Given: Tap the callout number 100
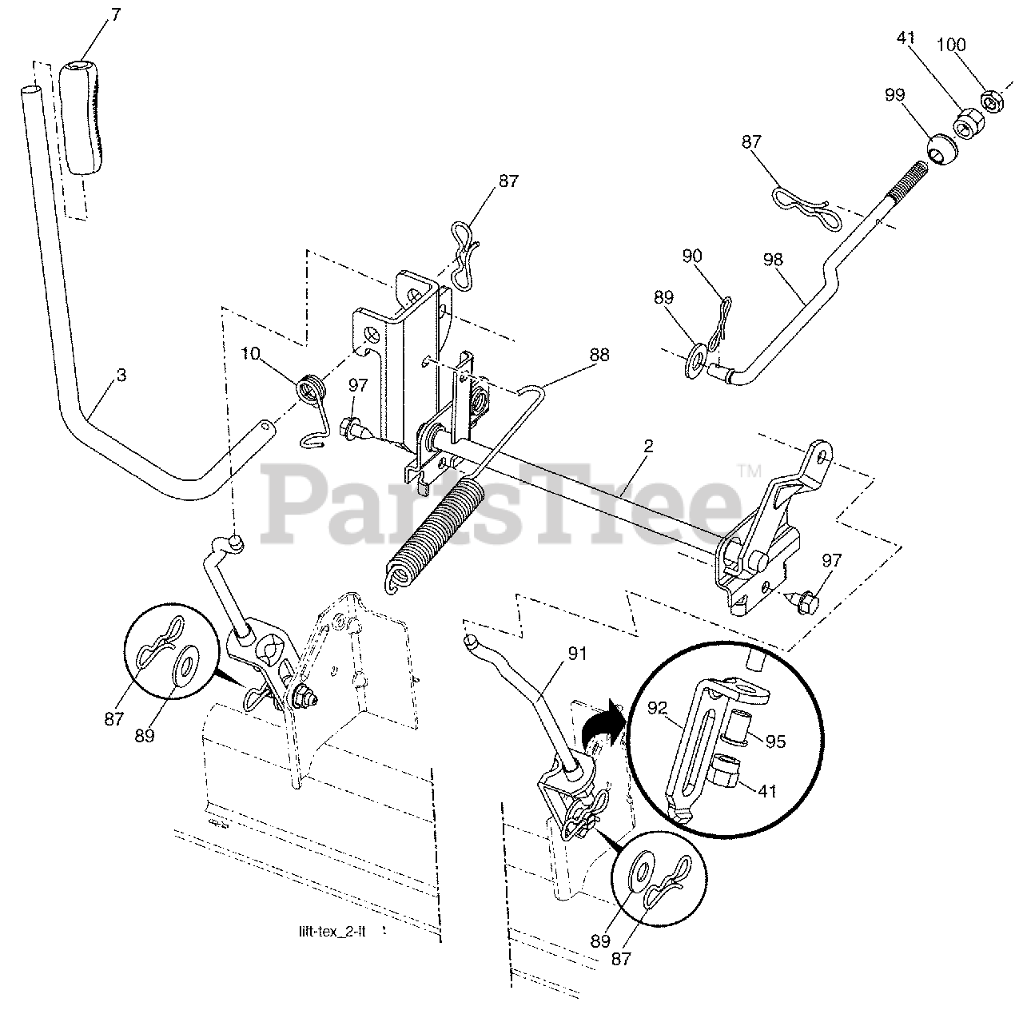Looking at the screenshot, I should [950, 46].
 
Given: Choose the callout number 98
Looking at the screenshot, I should [774, 260].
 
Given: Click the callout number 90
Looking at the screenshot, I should [692, 257].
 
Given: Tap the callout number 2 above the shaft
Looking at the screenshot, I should [648, 446].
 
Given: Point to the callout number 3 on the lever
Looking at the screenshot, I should [121, 375].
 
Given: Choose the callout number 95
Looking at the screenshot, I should [775, 742].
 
